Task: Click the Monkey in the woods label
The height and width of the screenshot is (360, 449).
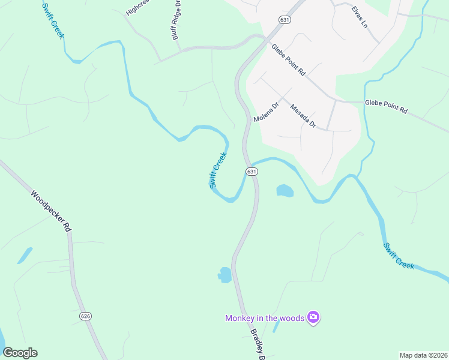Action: (x=265, y=318)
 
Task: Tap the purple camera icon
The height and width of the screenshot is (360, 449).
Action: (x=312, y=317)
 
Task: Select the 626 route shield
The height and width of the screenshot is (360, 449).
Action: (x=85, y=316)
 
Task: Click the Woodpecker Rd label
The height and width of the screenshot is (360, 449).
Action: (x=52, y=212)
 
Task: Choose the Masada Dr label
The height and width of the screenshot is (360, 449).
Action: (x=303, y=116)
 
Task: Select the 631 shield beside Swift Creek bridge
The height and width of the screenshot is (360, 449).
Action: (x=252, y=172)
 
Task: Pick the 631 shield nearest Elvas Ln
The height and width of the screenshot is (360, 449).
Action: (x=285, y=20)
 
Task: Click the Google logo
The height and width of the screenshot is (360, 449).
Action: (x=20, y=353)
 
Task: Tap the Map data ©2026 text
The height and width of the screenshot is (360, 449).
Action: (x=423, y=355)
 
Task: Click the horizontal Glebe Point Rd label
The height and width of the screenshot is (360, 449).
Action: (x=386, y=107)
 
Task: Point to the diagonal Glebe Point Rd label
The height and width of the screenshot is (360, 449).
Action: (x=288, y=60)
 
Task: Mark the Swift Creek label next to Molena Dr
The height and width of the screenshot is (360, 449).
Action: (x=218, y=170)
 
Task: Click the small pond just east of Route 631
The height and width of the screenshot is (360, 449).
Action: (x=285, y=191)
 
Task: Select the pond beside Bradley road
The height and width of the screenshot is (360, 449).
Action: (x=225, y=275)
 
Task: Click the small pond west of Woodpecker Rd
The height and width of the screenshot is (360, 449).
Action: (x=25, y=255)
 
